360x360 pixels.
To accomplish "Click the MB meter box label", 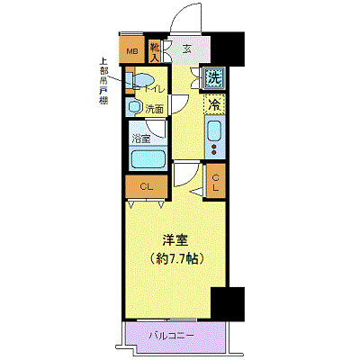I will tap(131, 51).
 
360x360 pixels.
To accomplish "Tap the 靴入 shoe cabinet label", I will tap(155, 51).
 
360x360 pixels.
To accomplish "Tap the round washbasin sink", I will tap(135, 108).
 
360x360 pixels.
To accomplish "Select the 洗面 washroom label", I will tap(155, 109).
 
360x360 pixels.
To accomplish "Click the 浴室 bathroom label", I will tap(140, 139).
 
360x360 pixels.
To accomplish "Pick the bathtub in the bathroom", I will tap(146, 160).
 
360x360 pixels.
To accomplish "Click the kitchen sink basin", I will tap(214, 131).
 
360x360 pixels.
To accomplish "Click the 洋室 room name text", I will tap(175, 241).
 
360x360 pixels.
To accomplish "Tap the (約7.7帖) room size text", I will tap(175, 258).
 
